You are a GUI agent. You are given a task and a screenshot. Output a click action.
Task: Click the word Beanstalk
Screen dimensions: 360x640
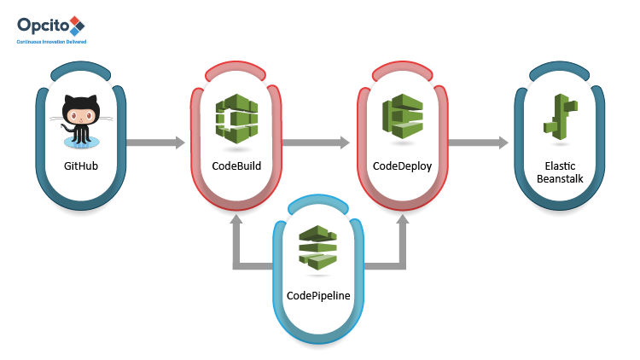point(560,179)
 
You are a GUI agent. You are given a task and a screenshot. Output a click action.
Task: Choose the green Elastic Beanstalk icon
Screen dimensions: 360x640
point(561,117)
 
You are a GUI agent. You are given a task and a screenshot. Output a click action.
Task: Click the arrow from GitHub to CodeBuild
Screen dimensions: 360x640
point(156,142)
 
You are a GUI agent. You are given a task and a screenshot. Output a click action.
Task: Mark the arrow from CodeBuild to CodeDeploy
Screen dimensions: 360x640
point(316,142)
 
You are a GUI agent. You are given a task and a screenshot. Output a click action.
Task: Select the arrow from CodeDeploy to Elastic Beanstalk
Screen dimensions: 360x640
point(479,142)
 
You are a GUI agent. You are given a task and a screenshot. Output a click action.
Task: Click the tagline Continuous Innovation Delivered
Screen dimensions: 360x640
point(52,40)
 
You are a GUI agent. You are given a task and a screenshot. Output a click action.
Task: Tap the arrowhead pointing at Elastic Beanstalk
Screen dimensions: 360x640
point(505,142)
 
